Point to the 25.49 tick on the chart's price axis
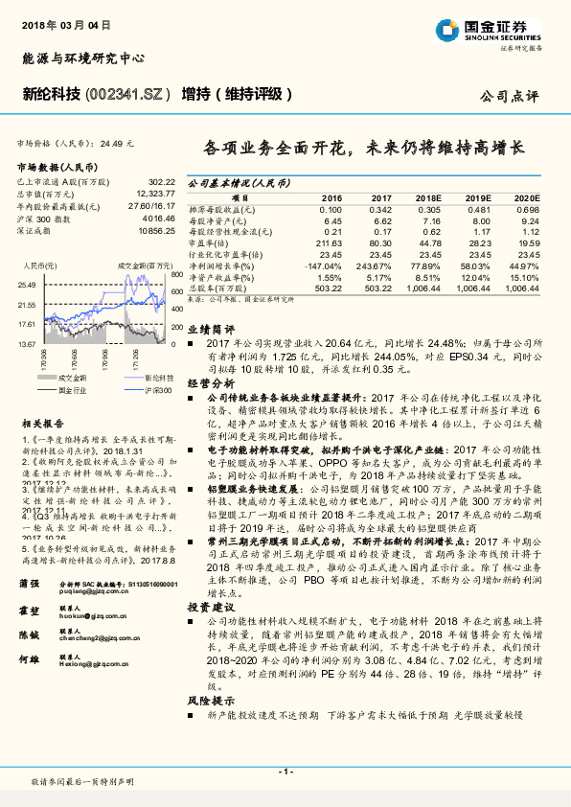26,285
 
